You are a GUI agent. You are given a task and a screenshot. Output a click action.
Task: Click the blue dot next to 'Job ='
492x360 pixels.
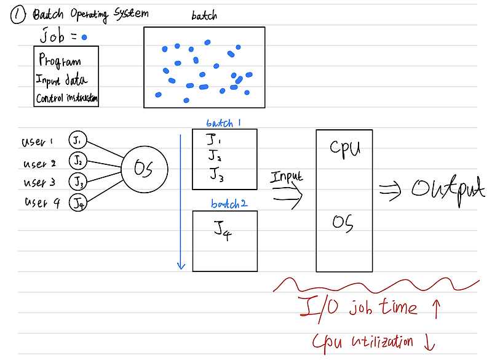tap(84, 38)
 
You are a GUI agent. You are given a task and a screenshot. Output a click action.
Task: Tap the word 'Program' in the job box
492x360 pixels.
tap(60, 60)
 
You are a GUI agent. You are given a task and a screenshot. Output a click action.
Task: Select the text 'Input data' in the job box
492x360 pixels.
tap(62, 80)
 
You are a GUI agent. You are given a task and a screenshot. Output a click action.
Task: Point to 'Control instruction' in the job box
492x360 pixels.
tap(67, 98)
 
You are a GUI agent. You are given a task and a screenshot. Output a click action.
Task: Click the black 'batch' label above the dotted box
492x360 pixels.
tap(203, 17)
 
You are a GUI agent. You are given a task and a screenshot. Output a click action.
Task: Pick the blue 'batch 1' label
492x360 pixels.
tap(223, 122)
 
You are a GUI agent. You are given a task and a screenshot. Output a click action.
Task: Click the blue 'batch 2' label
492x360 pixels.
tap(229, 204)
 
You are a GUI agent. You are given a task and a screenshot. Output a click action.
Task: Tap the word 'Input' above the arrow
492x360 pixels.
tap(286, 177)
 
